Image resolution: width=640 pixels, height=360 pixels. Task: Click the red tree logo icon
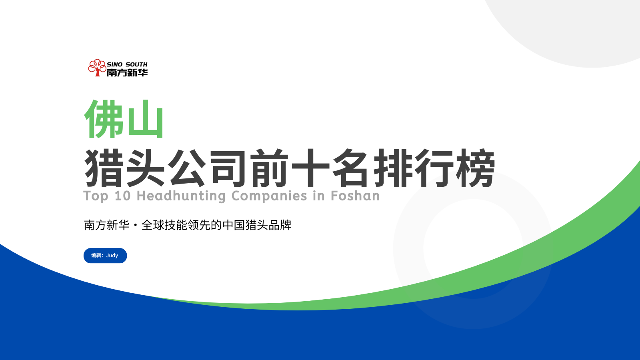point(97,68)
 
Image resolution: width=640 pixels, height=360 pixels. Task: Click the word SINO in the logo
point(114,64)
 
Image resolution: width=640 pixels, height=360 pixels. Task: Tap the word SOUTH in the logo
point(136,64)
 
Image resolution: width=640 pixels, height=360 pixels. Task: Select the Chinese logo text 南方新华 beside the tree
point(127,73)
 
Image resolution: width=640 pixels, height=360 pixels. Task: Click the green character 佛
point(104,119)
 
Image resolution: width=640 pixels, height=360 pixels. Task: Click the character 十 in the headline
point(310,168)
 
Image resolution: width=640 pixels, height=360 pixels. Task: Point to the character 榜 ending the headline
point(476,168)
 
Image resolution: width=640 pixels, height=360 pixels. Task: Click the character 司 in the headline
point(228,168)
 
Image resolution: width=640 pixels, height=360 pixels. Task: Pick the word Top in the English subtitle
point(96,196)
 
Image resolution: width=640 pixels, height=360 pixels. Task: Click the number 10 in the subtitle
point(122,196)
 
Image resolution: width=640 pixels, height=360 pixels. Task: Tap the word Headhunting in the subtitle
point(181,196)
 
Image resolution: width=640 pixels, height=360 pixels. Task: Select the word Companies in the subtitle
point(269,196)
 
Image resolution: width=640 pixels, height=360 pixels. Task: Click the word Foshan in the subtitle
point(355,196)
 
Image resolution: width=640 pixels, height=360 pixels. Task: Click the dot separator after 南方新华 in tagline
point(135,226)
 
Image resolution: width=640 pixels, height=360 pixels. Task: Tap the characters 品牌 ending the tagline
point(280,225)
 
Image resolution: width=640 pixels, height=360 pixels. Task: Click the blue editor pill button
point(105,256)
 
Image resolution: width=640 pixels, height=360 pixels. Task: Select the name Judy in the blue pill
point(112,256)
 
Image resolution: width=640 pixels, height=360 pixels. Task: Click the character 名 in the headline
point(350,168)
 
